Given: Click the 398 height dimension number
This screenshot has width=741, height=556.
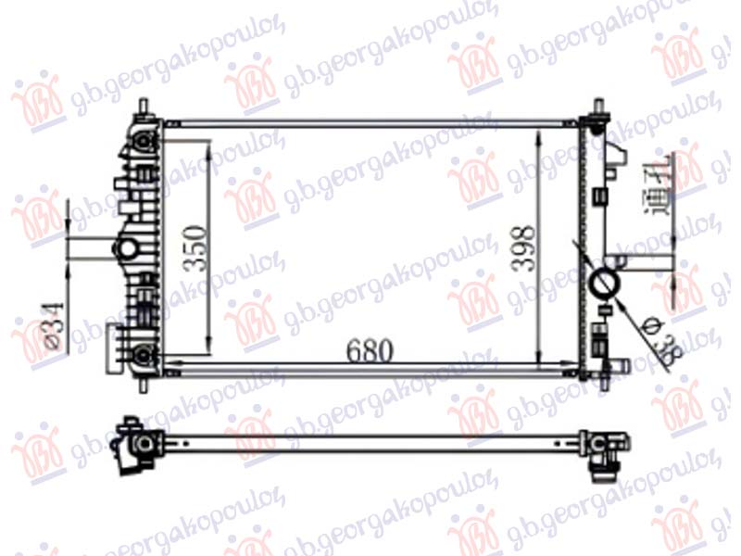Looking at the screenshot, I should [x=524, y=246].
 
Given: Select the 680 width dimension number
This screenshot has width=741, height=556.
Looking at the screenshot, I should [x=370, y=351].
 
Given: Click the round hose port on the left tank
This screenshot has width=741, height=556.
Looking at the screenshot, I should [x=125, y=247].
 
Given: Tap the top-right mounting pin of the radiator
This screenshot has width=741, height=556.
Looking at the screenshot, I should [x=597, y=108].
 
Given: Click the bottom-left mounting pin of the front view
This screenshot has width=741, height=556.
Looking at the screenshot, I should [x=143, y=381].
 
